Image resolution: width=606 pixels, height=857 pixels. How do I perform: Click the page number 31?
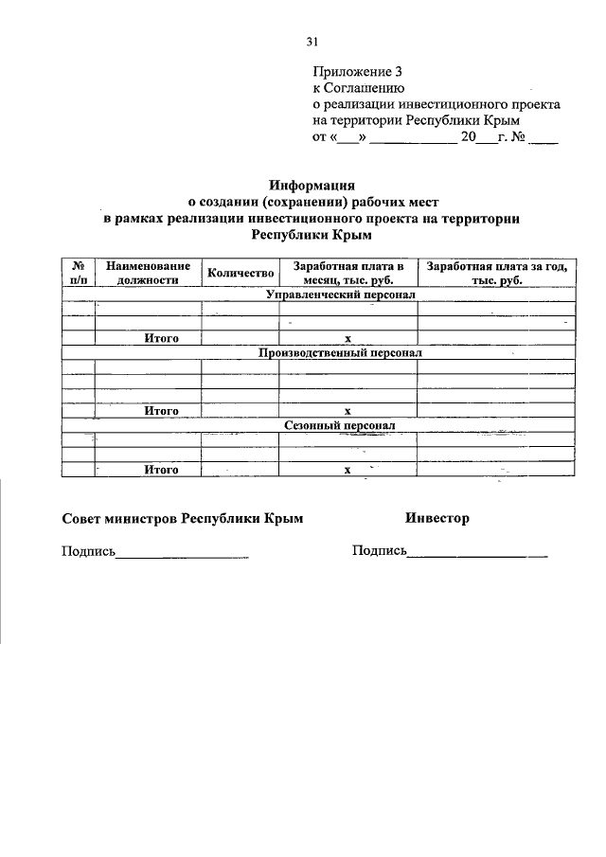click(x=312, y=41)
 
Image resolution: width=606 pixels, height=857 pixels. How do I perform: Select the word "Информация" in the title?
click(x=312, y=186)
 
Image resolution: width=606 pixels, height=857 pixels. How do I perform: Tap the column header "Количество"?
click(x=240, y=273)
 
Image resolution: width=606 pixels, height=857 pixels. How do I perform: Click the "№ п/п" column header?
click(x=78, y=273)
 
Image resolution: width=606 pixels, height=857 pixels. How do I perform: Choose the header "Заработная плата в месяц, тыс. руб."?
click(x=348, y=273)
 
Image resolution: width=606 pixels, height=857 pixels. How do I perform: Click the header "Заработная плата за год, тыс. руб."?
click(x=497, y=273)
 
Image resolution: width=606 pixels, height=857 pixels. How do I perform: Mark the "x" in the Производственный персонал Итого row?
click(x=348, y=411)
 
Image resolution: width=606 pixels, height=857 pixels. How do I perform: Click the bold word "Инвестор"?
click(x=437, y=518)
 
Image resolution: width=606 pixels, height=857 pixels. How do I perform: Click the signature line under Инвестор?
click(x=477, y=553)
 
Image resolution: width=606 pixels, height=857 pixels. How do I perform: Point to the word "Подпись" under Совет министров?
click(x=87, y=550)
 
